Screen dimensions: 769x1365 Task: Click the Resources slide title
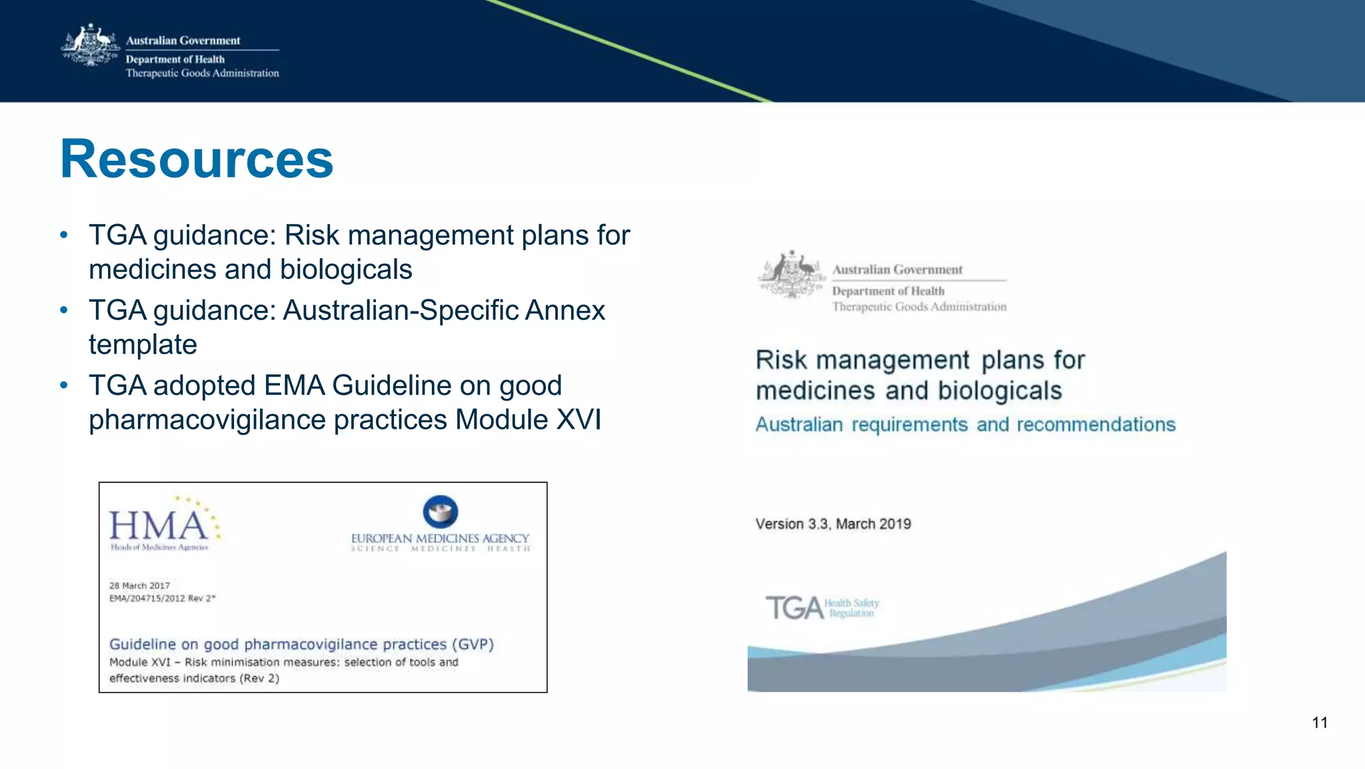197,159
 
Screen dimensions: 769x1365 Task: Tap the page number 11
1320,723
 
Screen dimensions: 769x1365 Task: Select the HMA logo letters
159,526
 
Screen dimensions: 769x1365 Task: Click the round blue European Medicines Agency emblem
441,512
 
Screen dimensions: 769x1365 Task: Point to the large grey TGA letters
794,608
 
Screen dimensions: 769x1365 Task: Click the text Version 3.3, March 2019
833,524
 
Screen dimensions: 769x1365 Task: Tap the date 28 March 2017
139,586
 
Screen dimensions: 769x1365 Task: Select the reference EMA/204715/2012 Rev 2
162,598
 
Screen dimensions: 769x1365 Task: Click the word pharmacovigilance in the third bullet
267,420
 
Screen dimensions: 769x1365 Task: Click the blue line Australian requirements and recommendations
965,425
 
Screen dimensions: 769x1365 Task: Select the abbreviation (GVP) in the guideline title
473,644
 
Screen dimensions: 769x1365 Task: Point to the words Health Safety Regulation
852,608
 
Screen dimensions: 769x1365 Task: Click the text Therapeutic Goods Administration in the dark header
202,73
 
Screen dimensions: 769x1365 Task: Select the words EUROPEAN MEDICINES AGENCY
440,538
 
